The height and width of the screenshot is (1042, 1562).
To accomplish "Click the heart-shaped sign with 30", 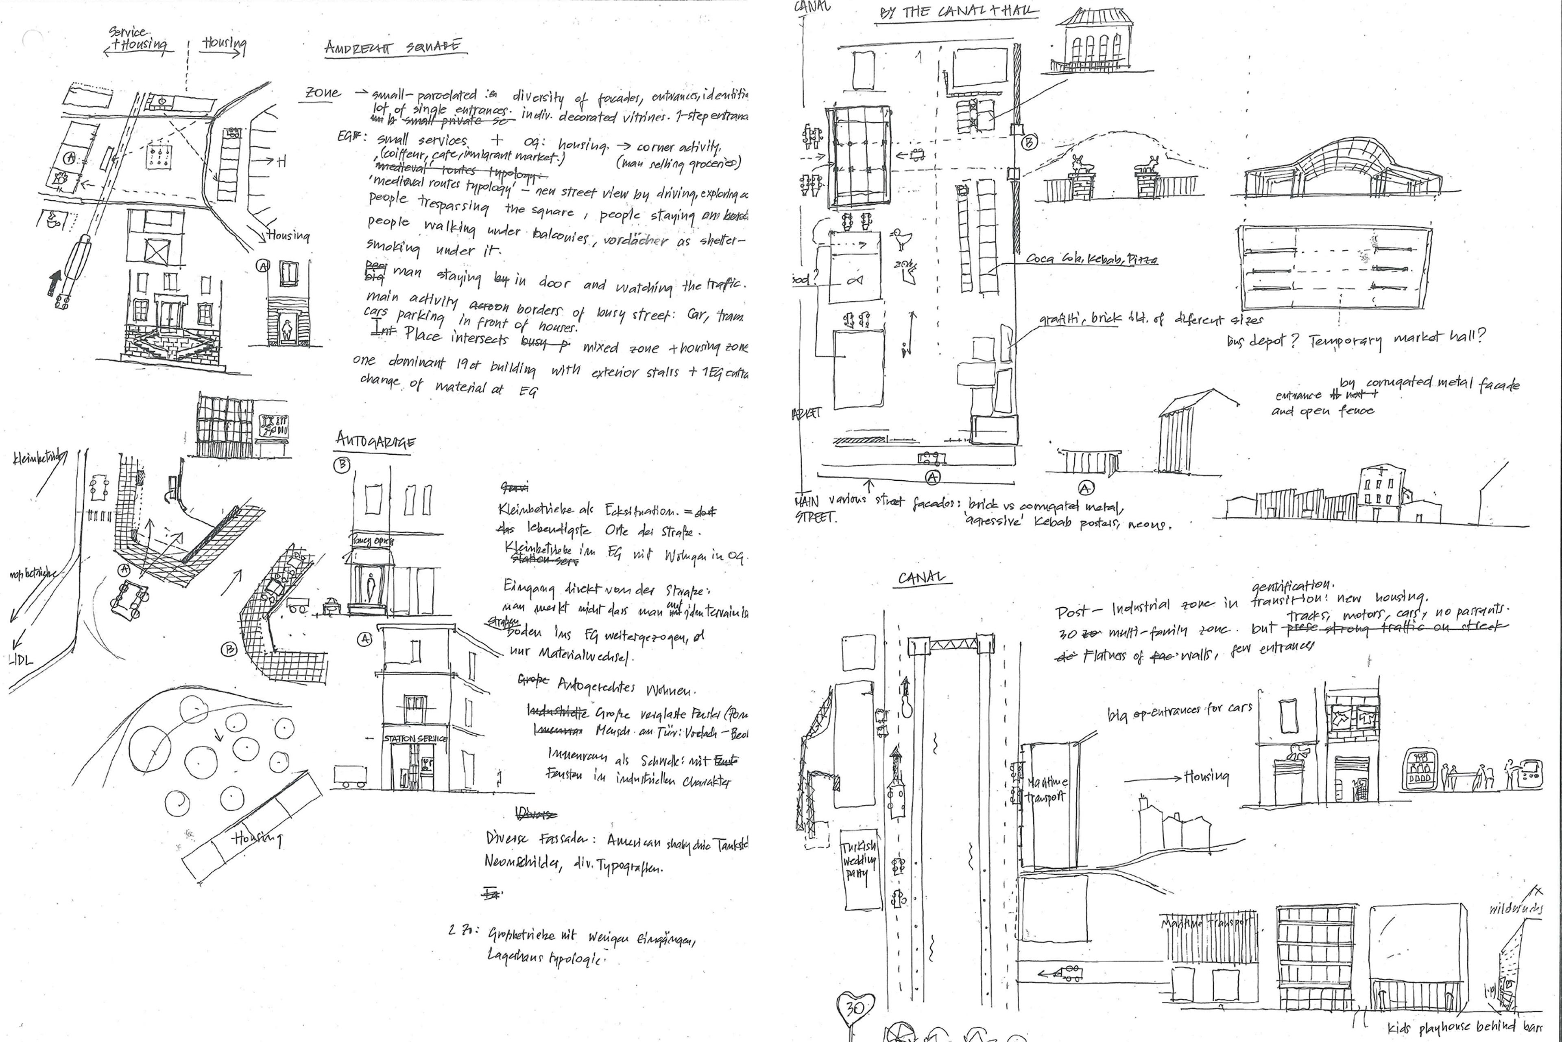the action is point(854,1007).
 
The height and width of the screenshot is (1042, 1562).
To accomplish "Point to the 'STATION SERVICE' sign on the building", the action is point(415,738).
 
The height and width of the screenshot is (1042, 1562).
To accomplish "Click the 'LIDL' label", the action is point(22,660).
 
